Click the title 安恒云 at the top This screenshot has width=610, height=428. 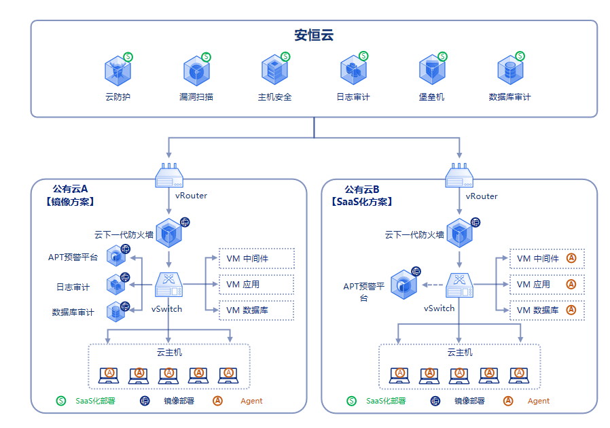click(314, 35)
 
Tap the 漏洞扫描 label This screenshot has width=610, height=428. click(196, 97)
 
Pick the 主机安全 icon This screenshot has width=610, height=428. click(274, 70)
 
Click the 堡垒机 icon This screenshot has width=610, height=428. click(431, 70)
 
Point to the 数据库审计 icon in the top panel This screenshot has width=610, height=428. click(509, 70)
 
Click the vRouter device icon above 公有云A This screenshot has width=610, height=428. click(169, 176)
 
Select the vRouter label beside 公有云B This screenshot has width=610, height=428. click(482, 196)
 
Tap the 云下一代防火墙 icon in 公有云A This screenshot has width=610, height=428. click(168, 234)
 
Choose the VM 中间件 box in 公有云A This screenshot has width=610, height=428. click(256, 259)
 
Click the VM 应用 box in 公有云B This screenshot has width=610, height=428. click(546, 284)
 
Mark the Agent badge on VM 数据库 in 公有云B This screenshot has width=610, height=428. click(571, 310)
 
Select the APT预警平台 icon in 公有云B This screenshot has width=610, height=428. click(403, 285)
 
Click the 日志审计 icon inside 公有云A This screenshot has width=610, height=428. click(116, 285)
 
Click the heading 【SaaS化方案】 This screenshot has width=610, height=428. click(361, 202)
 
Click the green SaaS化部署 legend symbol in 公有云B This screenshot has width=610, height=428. click(351, 401)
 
